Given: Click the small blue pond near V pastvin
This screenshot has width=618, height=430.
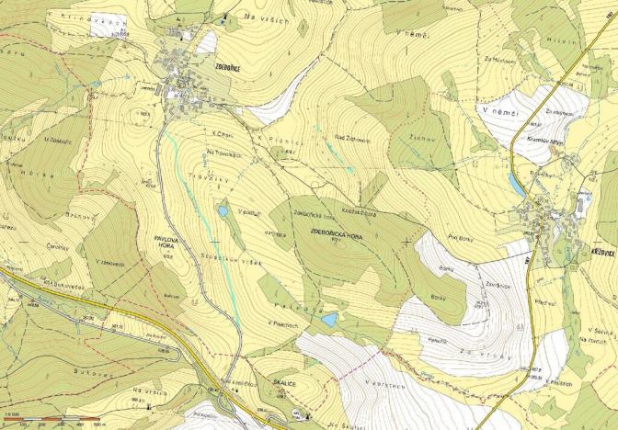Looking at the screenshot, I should (223, 211).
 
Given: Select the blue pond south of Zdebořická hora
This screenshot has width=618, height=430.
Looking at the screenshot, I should (328, 320).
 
